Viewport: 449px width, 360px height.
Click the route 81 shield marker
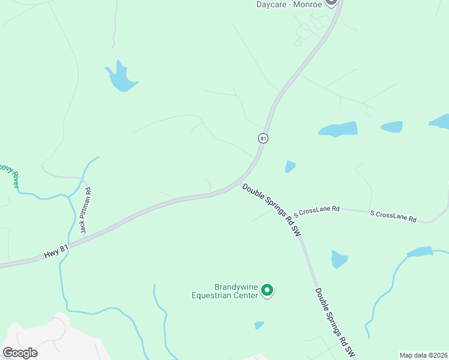[x=263, y=138]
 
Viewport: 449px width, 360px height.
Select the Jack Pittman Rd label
[x=86, y=210]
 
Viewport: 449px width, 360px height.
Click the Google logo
[x=20, y=353]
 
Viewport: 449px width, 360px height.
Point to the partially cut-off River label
[x=8, y=174]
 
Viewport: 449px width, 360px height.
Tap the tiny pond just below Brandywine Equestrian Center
[x=259, y=325]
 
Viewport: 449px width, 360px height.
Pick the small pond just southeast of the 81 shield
[x=291, y=166]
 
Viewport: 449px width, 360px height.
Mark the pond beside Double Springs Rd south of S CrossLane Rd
[x=339, y=259]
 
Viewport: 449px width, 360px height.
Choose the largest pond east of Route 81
[x=339, y=129]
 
